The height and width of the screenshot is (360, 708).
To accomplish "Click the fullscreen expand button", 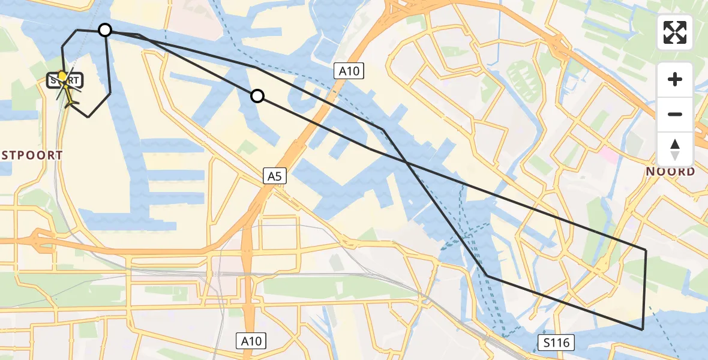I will click(675, 32).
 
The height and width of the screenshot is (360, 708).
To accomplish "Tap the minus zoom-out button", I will click(675, 114).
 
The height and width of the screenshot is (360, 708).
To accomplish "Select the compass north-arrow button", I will click(675, 149).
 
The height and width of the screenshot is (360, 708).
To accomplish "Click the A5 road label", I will click(275, 176).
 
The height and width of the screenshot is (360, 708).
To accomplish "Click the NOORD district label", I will click(670, 172).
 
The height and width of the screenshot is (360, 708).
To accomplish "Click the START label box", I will click(66, 80).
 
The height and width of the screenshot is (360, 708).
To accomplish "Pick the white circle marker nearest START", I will click(105, 30).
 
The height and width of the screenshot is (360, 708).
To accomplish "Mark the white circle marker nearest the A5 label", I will click(257, 96).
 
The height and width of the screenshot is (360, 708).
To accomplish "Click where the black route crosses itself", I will click(407, 163).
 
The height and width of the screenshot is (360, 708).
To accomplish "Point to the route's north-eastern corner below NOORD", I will click(646, 249).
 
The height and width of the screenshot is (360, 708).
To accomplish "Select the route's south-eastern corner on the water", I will click(643, 329).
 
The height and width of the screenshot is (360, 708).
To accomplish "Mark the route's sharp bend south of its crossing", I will click(487, 276).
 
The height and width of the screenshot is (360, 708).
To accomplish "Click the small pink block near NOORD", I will click(608, 155).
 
